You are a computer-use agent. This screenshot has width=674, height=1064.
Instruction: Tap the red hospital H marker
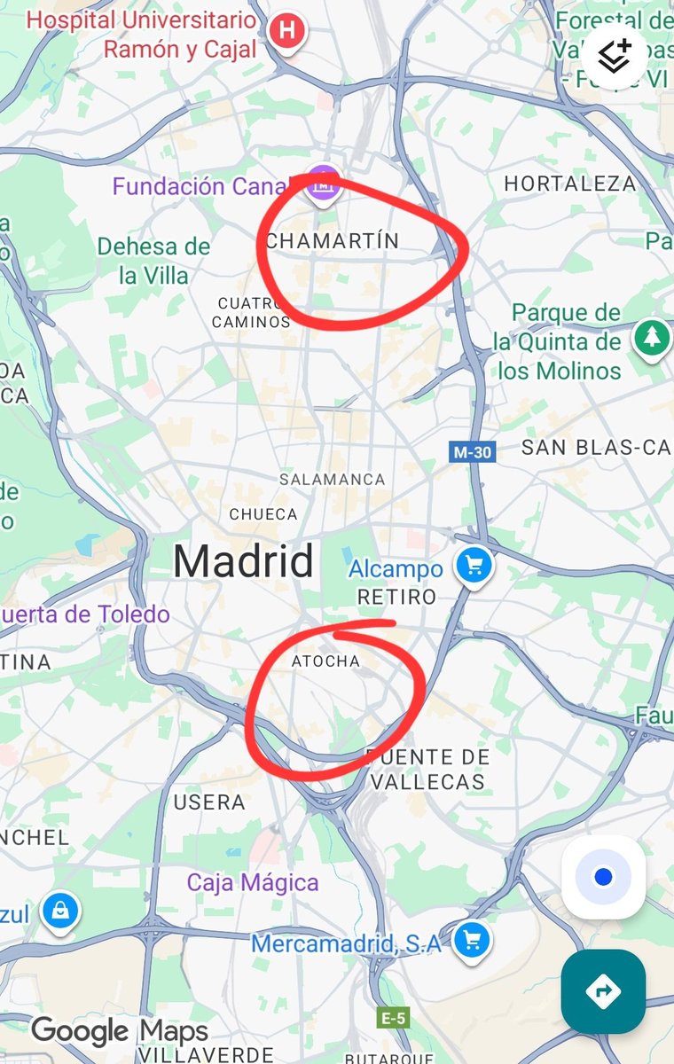coord(286,31)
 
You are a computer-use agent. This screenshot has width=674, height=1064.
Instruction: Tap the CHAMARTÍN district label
coord(333,241)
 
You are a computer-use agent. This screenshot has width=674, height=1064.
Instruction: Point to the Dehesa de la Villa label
coord(153,261)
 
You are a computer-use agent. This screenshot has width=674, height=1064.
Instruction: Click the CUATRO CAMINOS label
coord(251,313)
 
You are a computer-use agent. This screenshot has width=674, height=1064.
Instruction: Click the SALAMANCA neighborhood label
coord(332,480)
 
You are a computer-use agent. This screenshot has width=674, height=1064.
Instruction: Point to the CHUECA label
coord(263,514)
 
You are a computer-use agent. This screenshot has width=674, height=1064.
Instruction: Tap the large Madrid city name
coord(243,561)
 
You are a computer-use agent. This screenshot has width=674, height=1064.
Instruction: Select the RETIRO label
coord(396,597)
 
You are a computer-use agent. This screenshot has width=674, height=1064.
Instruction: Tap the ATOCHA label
coord(325,661)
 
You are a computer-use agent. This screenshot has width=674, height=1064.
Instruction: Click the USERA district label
coord(209,802)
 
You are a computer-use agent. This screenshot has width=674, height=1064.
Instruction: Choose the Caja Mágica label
coord(252,883)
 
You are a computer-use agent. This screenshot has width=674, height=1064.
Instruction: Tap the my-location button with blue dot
coord(603,877)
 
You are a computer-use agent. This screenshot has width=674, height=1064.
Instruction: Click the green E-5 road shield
coord(392,1019)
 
